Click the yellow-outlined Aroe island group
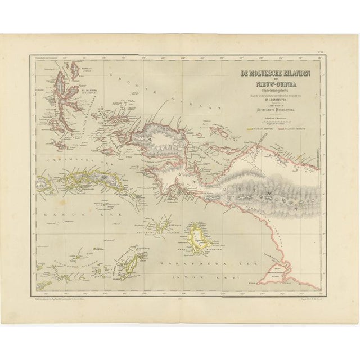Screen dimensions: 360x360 tap(196, 236)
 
